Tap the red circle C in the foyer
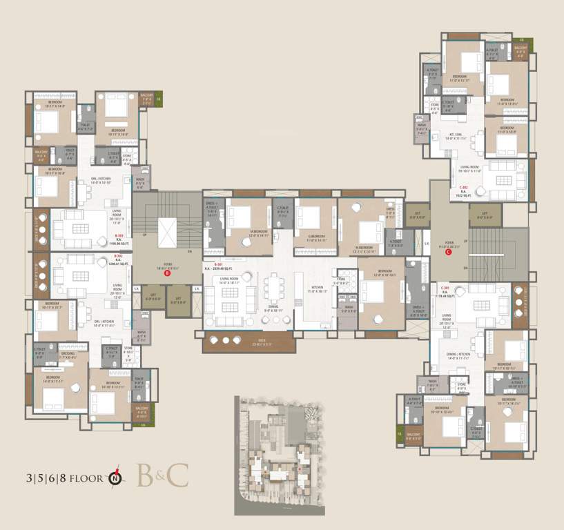pos(449,252)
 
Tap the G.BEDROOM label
pos(315,236)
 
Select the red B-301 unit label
pos(218,264)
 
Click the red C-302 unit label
pos(464,186)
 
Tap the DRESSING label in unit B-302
pos(68,355)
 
